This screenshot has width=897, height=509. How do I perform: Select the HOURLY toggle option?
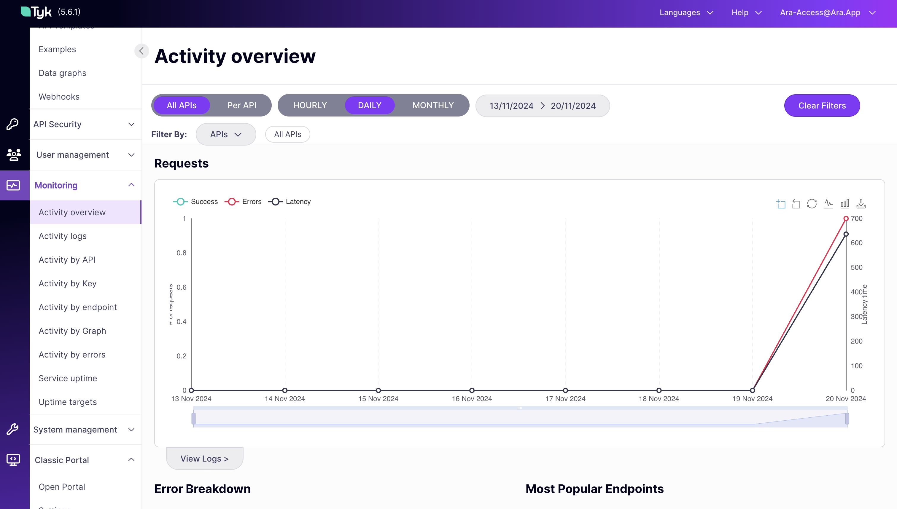pyautogui.click(x=310, y=105)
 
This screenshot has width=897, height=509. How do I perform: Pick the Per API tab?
pyautogui.click(x=242, y=105)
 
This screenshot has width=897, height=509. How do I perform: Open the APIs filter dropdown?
pyautogui.click(x=225, y=134)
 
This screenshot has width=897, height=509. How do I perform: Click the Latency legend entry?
pyautogui.click(x=290, y=202)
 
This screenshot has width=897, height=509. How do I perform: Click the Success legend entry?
pyautogui.click(x=195, y=202)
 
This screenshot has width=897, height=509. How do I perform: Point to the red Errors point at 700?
pyautogui.click(x=846, y=218)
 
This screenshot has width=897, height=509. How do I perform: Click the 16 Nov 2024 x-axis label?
pyautogui.click(x=471, y=398)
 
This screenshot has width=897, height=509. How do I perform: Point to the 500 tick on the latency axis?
pyautogui.click(x=856, y=267)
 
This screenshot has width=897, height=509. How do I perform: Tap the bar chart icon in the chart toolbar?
pyautogui.click(x=844, y=203)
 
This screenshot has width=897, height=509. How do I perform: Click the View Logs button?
pyautogui.click(x=204, y=458)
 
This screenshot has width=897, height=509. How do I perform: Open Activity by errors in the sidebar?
pyautogui.click(x=72, y=355)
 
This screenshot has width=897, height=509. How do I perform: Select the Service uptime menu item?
pyautogui.click(x=68, y=378)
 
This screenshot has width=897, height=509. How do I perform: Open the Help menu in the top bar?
pyautogui.click(x=746, y=12)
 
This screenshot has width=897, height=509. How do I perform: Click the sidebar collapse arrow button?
pyautogui.click(x=141, y=51)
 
